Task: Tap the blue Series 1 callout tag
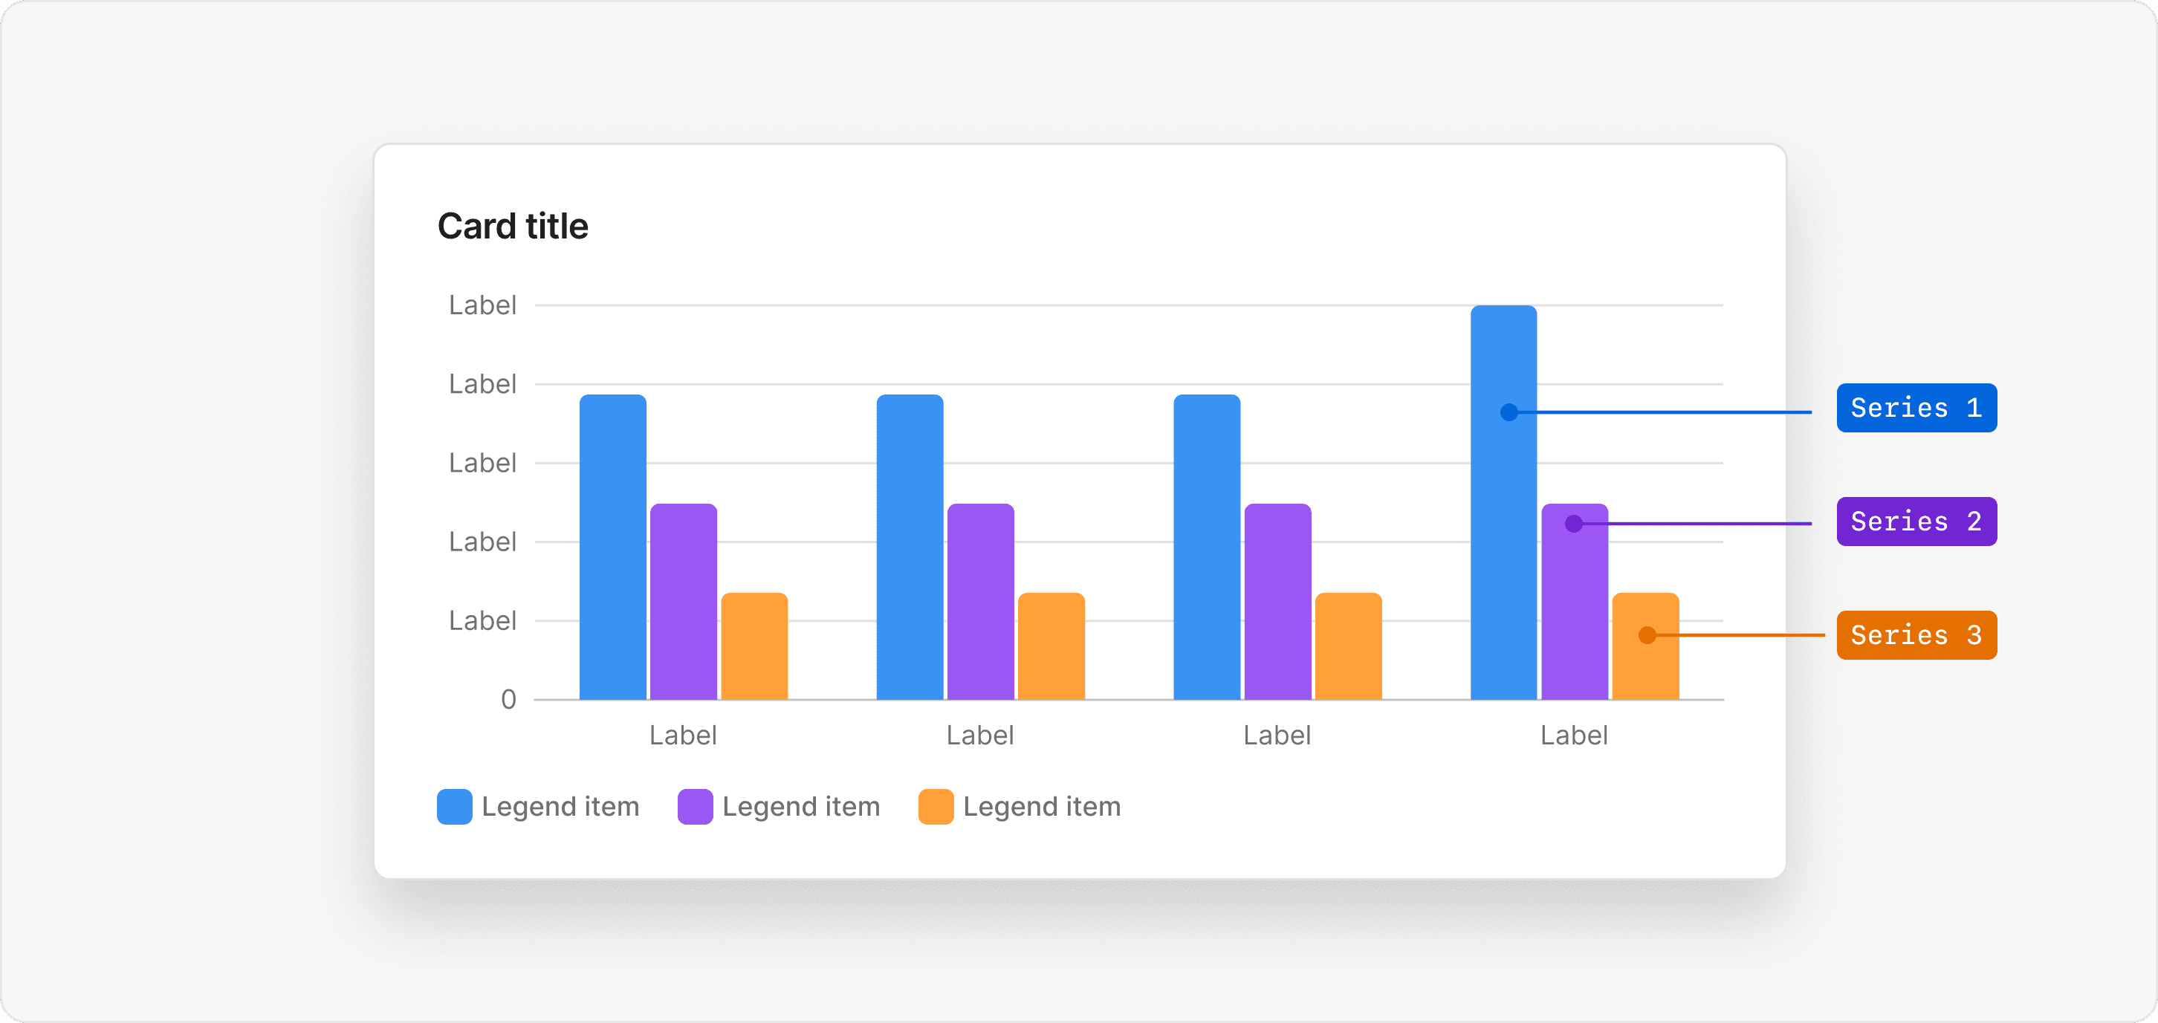point(1916,408)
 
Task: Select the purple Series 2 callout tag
point(1916,521)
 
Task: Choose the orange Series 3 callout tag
point(1916,635)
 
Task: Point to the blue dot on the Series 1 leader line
point(1509,412)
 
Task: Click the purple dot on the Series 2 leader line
point(1573,524)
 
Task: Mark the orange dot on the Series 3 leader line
point(1647,635)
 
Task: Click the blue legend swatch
point(454,807)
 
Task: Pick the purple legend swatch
point(695,807)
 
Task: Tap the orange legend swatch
point(936,807)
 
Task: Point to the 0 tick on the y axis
point(508,700)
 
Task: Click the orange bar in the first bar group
point(754,646)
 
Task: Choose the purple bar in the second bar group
point(980,602)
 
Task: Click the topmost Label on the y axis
point(482,305)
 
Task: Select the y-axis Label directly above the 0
point(482,621)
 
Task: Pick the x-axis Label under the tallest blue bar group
point(1573,735)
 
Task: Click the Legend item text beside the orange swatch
point(1041,807)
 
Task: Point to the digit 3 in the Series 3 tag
point(1974,635)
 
